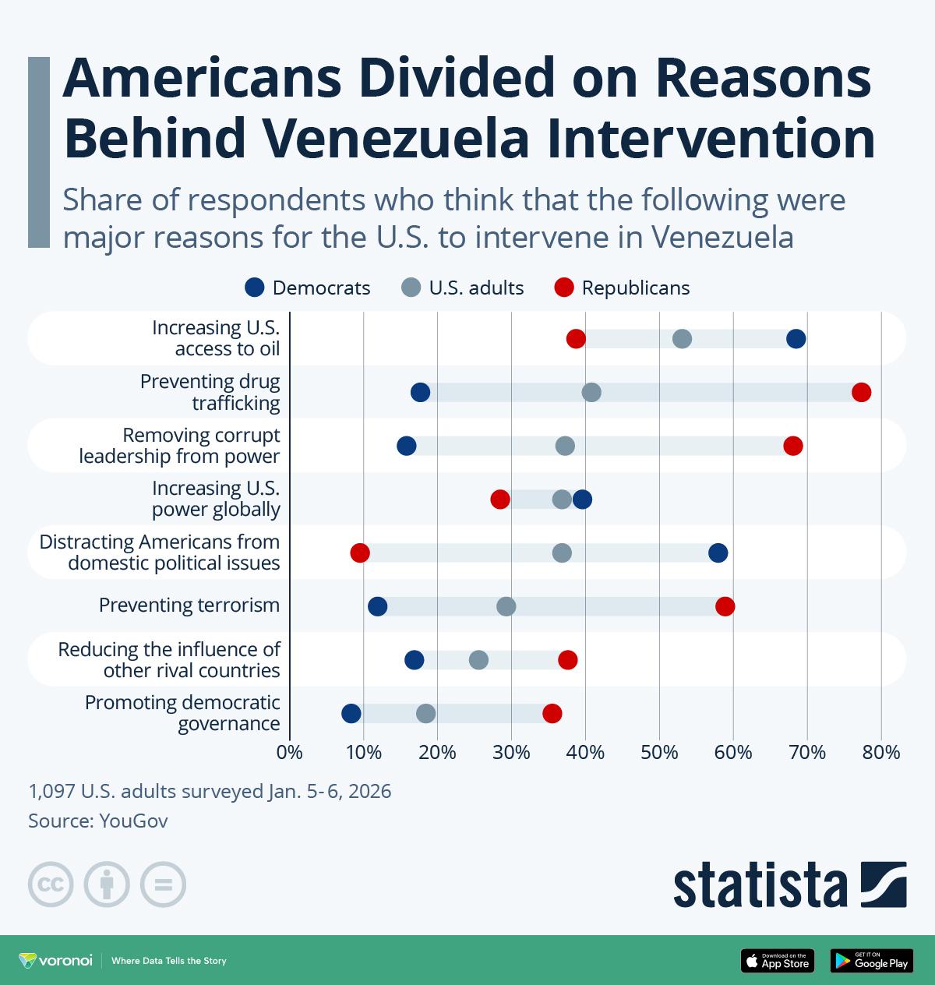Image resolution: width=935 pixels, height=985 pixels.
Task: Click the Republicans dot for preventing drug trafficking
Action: (x=861, y=392)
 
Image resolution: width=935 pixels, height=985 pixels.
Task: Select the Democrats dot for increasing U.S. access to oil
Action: (x=796, y=338)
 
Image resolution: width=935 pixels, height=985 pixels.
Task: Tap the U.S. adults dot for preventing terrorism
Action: (x=506, y=606)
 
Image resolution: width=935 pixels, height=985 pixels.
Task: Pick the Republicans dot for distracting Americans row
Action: (x=360, y=553)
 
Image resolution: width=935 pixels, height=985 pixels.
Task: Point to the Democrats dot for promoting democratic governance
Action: (x=351, y=713)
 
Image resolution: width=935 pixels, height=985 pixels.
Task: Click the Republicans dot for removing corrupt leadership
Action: (x=793, y=446)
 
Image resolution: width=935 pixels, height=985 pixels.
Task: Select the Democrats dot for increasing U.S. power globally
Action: (x=582, y=500)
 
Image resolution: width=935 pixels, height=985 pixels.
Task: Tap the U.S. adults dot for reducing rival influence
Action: (x=478, y=660)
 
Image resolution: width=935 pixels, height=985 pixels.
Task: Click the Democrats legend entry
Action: (x=308, y=288)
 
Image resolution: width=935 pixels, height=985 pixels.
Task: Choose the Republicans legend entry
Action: (x=622, y=288)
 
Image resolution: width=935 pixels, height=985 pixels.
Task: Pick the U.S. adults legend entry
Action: (x=463, y=288)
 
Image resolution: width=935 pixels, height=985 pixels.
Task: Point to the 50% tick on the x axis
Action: (x=659, y=753)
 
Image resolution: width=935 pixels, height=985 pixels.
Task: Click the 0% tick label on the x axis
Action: (x=290, y=753)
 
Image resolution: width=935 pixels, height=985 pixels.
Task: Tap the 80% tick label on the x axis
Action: (x=881, y=753)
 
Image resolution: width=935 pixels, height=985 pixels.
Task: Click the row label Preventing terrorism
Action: (x=189, y=605)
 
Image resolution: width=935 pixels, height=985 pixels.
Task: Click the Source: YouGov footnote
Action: (x=98, y=821)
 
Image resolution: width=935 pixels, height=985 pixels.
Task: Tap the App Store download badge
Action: (x=777, y=961)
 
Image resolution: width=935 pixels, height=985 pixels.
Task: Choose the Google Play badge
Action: (x=871, y=961)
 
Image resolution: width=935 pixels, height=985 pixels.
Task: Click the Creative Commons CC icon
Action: (x=51, y=884)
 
